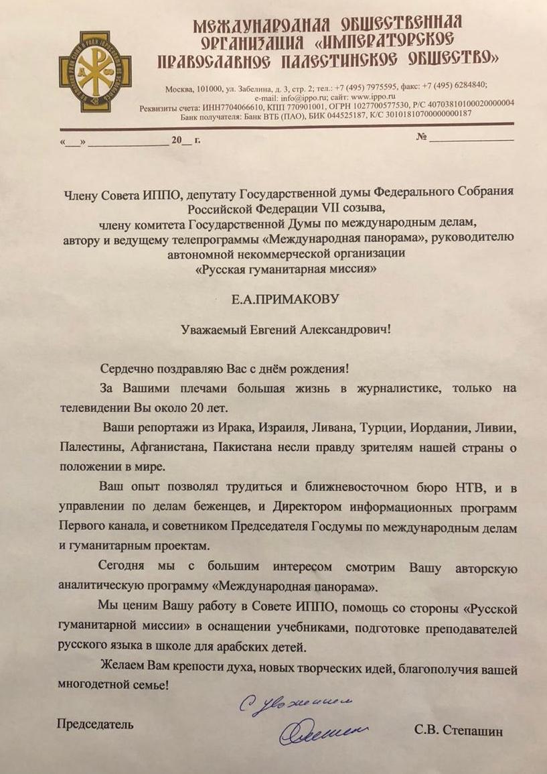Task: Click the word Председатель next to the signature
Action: click(x=94, y=724)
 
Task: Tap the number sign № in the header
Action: click(x=422, y=137)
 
